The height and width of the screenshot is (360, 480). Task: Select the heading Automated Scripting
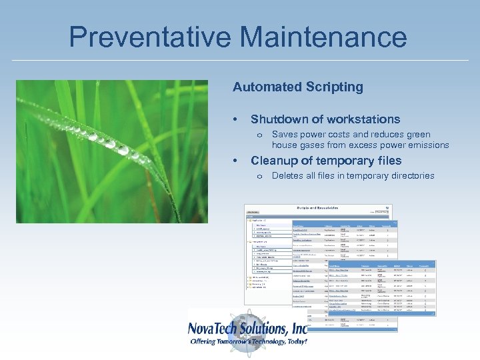tap(297, 87)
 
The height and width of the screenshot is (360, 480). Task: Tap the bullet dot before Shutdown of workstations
tap(235, 119)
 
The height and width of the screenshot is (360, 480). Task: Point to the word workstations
tap(364, 119)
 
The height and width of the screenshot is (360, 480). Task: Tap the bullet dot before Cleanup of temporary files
tap(235, 161)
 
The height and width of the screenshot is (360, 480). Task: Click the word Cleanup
tap(275, 161)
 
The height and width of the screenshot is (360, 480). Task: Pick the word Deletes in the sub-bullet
tap(287, 176)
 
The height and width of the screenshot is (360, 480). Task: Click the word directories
tap(409, 176)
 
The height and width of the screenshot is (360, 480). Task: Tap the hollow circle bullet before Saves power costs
tap(259, 135)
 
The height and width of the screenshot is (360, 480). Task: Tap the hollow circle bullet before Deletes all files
tap(259, 177)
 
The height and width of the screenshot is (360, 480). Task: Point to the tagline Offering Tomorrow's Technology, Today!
tap(248, 342)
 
